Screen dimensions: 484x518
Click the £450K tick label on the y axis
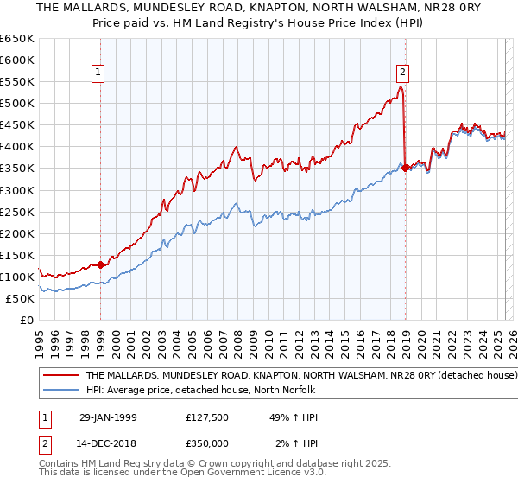(x=16, y=124)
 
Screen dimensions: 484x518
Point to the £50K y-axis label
(x=19, y=298)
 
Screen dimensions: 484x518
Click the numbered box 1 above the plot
(x=100, y=73)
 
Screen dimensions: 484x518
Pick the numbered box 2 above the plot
(x=403, y=73)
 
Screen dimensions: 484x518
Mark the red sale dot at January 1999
(x=101, y=264)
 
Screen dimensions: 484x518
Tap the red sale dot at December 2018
(x=405, y=168)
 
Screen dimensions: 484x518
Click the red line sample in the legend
(x=61, y=376)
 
